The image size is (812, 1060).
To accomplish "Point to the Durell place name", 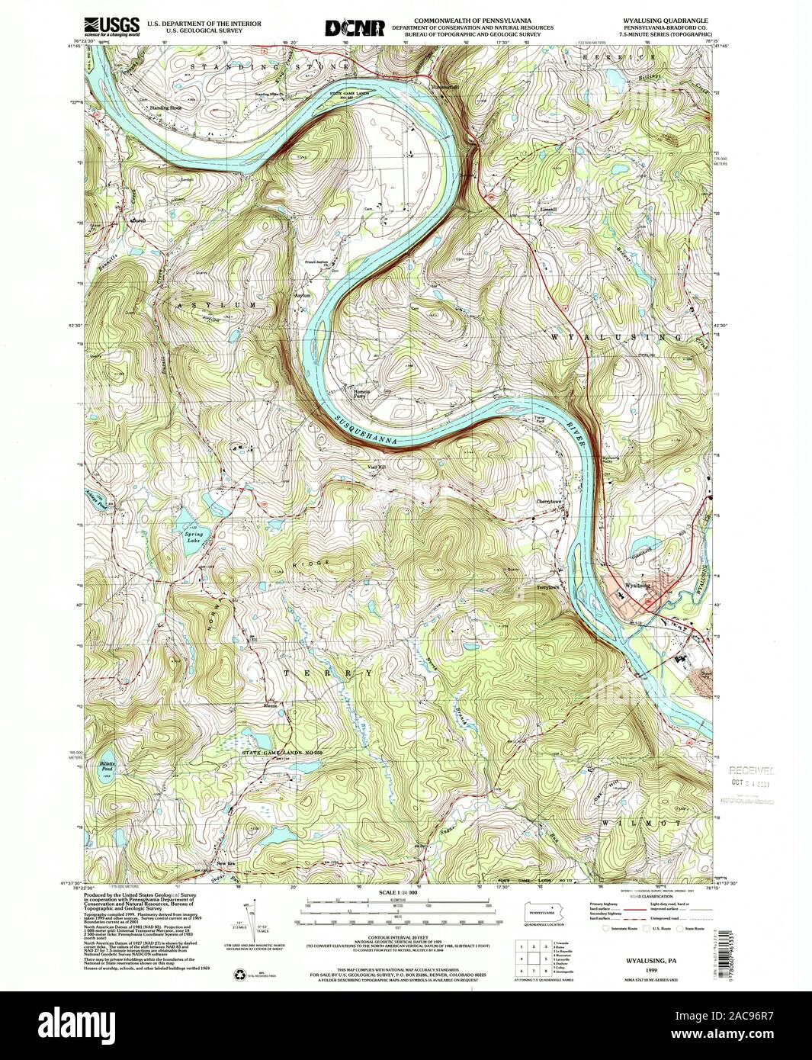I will click(138, 221).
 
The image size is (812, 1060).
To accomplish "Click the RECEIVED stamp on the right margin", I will click(750, 770).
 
